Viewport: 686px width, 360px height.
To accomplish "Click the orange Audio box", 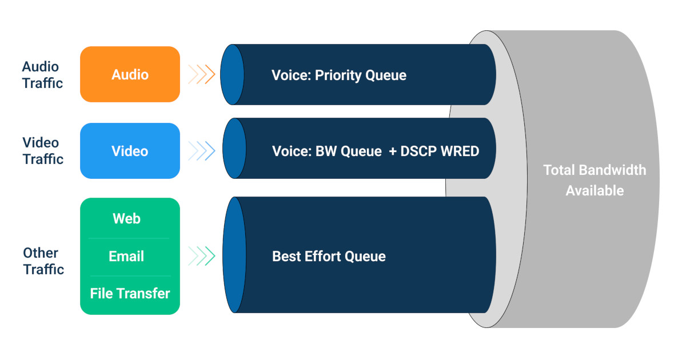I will click(130, 74).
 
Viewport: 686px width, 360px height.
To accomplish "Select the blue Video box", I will click(130, 151).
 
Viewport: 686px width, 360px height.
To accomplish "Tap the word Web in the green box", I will click(126, 219).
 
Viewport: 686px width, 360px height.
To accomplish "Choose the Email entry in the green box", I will click(126, 257).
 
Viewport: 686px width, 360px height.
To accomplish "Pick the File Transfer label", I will click(130, 294).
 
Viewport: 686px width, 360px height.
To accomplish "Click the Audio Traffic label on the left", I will click(42, 75).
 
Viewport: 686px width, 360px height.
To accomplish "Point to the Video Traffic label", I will click(42, 151).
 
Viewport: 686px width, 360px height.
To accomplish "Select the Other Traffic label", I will click(42, 261).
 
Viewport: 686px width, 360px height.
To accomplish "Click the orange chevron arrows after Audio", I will click(201, 74).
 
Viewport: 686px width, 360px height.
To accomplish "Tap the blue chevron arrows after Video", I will click(201, 151).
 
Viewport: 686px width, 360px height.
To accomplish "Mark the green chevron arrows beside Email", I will click(201, 256).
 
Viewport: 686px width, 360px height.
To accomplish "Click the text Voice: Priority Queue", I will click(338, 75).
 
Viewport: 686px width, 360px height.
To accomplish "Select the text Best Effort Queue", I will click(329, 257).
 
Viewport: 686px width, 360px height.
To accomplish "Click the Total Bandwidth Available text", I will click(594, 180).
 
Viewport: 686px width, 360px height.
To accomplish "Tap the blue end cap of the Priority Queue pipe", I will click(232, 74).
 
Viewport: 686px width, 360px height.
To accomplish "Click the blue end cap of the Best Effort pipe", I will click(234, 255).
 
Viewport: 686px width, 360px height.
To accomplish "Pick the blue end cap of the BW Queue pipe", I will click(233, 149).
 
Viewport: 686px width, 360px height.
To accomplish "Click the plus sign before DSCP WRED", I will click(393, 151).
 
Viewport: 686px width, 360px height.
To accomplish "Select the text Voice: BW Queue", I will click(326, 151).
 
